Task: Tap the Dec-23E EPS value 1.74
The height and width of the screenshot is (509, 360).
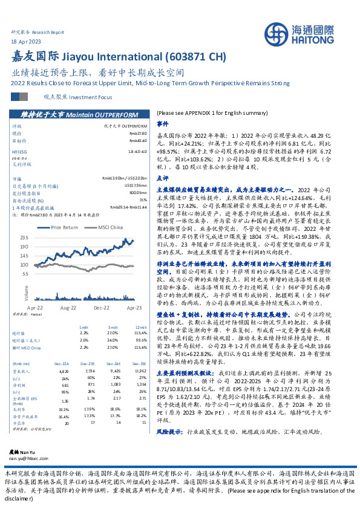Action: (x=91, y=400)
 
